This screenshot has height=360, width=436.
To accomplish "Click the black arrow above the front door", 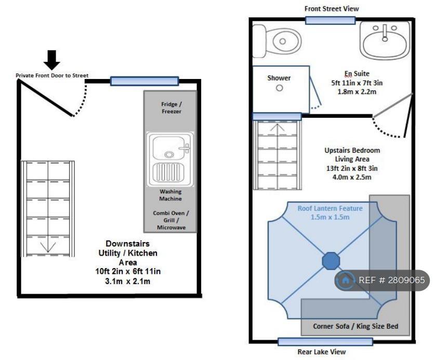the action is tap(52, 60).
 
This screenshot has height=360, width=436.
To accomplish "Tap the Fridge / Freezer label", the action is tap(171, 108).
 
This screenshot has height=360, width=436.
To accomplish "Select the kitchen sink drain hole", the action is tap(169, 154).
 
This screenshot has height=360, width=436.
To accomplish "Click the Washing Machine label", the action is tap(170, 195).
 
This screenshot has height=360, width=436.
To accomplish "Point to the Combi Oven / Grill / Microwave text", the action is tap(171, 220).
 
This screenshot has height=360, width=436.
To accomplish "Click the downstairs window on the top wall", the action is tap(144, 81).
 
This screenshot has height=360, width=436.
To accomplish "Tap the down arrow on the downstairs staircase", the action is tap(48, 247).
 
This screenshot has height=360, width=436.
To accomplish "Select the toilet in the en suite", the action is tap(276, 41).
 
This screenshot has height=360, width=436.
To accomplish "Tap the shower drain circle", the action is tap(280, 88).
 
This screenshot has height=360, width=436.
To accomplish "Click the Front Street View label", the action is tap(332, 9).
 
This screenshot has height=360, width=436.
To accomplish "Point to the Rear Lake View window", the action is tap(325, 342).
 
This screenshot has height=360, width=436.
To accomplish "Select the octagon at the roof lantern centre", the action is tap(331, 261).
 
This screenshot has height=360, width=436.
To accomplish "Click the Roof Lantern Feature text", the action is tap(330, 208).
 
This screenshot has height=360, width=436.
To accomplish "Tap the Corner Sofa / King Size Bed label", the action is tap(355, 326).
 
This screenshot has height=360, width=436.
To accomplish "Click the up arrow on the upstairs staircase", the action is tap(277, 128).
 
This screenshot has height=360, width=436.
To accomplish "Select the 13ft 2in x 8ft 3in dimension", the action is tap(352, 168).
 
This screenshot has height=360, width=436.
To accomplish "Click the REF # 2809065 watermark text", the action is tap(392, 280).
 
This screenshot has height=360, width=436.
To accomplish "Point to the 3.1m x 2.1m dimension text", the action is tap(128, 281).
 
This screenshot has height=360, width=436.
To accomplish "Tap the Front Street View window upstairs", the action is tap(331, 20).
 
